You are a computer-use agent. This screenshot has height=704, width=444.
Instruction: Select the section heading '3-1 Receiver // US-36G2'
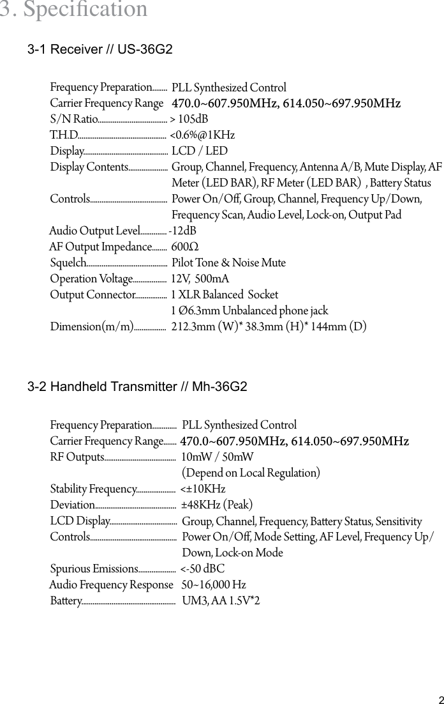click(x=100, y=50)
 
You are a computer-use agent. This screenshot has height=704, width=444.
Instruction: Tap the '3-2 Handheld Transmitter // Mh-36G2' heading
click(x=137, y=387)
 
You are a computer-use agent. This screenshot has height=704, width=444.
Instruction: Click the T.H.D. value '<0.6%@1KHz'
click(x=202, y=135)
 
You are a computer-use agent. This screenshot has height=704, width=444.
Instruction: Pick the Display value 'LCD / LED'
click(x=199, y=151)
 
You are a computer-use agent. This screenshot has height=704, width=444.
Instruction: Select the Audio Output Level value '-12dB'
click(x=182, y=231)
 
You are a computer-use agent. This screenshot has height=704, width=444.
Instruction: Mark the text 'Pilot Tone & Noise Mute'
click(x=228, y=263)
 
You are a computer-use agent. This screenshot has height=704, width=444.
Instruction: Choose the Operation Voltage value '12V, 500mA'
click(x=200, y=279)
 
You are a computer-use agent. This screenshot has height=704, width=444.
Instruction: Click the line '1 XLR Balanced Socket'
click(x=225, y=295)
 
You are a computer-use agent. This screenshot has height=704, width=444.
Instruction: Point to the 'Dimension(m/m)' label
click(x=91, y=327)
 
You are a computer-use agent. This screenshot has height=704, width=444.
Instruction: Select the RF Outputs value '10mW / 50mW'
click(x=218, y=457)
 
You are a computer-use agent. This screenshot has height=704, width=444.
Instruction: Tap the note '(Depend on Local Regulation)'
click(x=251, y=473)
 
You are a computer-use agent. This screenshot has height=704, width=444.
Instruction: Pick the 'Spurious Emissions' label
click(x=94, y=569)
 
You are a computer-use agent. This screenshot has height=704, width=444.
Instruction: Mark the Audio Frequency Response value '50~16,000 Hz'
click(x=214, y=585)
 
